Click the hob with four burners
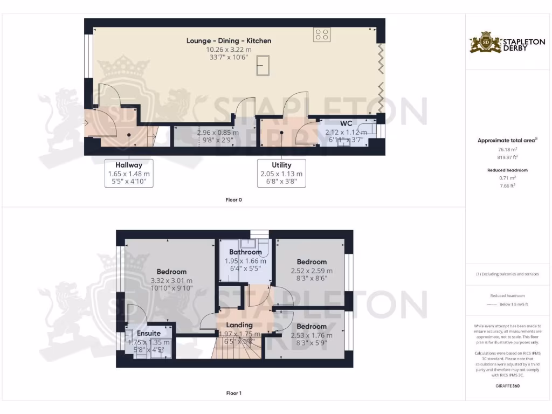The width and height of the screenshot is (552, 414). [322, 35]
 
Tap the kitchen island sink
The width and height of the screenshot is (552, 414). [264, 66]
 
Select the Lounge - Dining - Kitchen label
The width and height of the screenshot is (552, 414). [229, 40]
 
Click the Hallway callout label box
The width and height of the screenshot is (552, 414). [128, 173]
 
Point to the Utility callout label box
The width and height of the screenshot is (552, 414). [281, 173]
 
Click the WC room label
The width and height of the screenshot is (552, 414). [346, 123]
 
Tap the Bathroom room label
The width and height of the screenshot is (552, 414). [245, 252]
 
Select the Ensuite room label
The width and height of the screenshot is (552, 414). [148, 333]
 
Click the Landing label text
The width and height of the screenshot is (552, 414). [239, 325]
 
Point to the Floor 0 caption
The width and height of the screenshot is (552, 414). [233, 199]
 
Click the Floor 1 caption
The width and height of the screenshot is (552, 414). [233, 393]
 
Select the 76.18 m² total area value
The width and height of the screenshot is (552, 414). [507, 150]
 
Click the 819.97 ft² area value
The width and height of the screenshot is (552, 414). [507, 157]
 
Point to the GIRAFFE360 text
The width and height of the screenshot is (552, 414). [507, 385]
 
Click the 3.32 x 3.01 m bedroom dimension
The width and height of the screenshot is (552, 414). [171, 280]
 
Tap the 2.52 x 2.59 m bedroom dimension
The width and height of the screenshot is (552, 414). [312, 271]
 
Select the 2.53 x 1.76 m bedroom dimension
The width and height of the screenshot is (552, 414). [312, 335]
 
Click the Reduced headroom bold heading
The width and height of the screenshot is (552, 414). [507, 170]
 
